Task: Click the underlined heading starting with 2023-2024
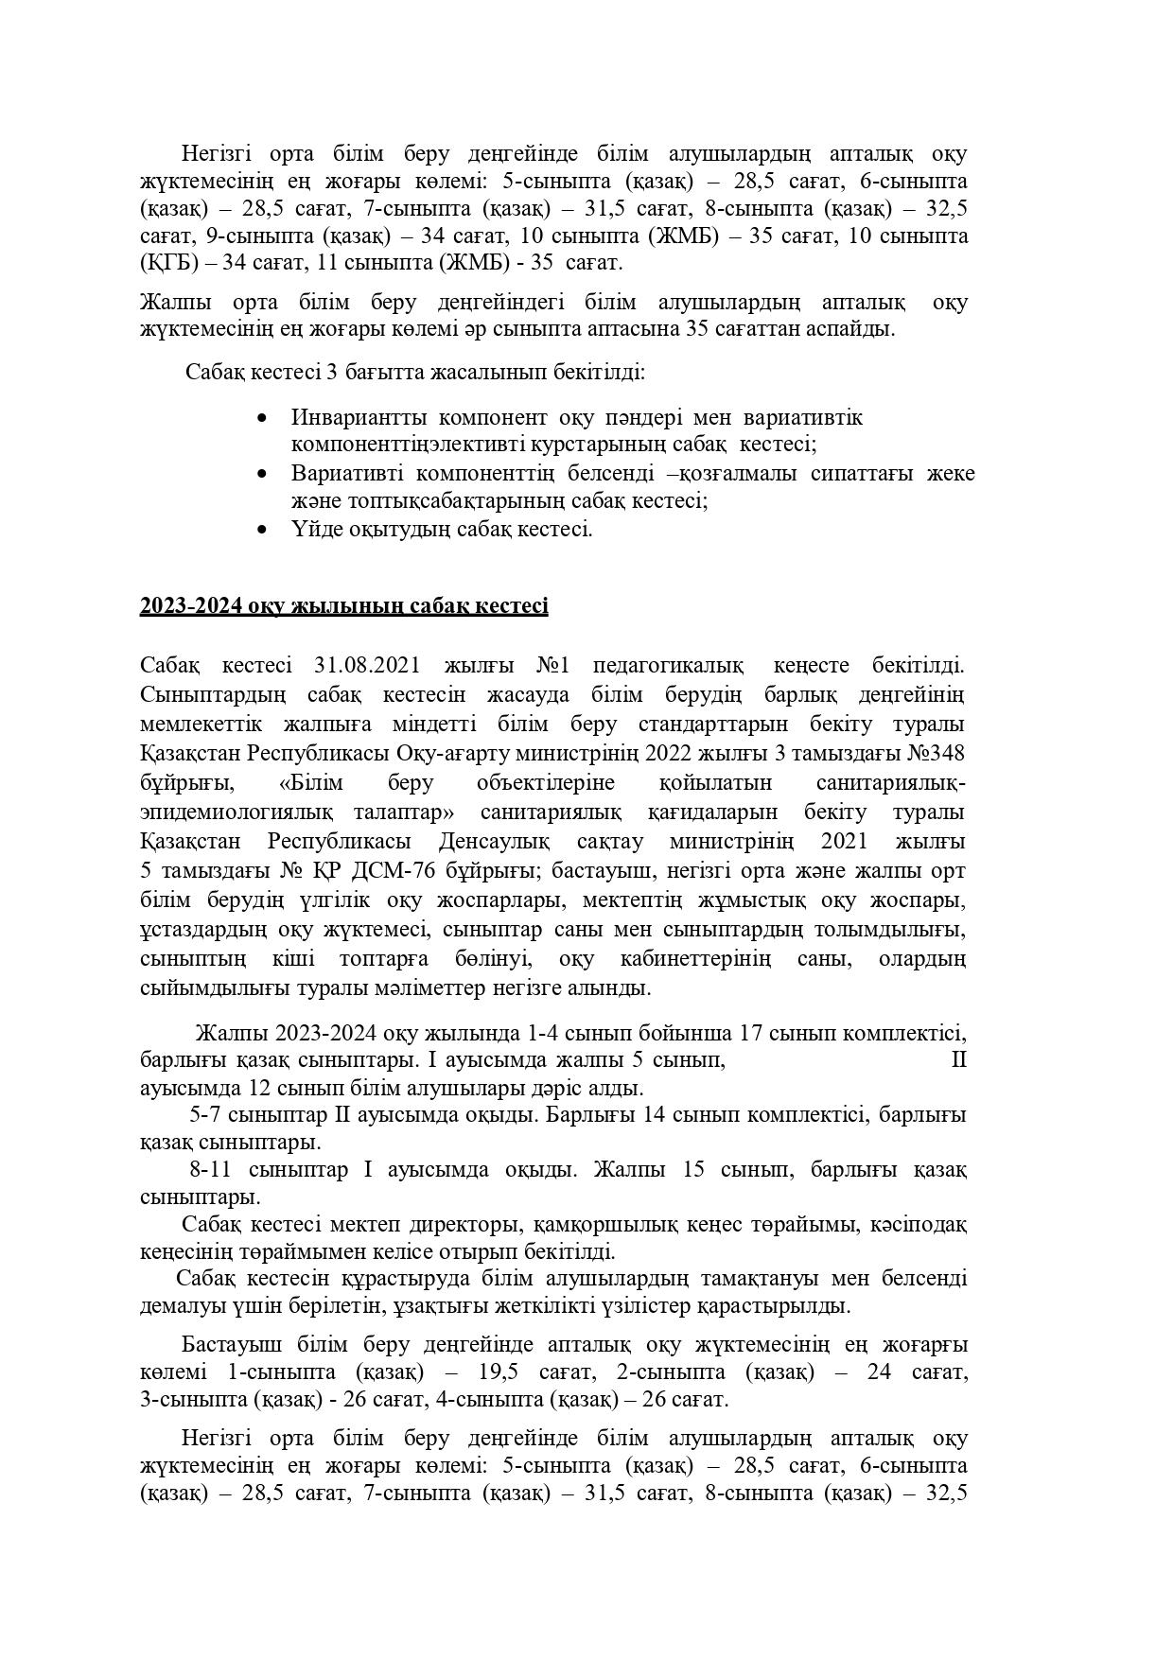click(x=343, y=605)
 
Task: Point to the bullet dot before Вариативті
click(x=262, y=474)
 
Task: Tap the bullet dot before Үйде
click(x=262, y=530)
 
